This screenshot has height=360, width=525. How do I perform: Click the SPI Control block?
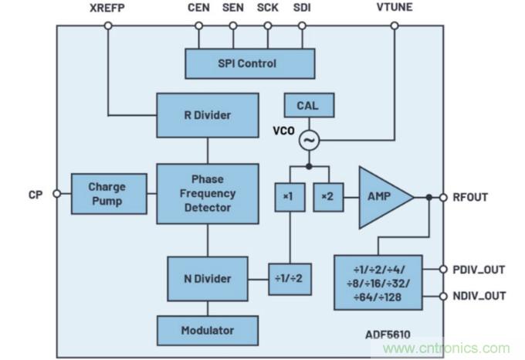249,63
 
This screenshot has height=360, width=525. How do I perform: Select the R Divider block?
207,115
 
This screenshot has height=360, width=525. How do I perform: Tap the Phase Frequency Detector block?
207,193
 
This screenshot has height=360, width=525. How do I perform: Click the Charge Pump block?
107,193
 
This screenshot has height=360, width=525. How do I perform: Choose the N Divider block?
207,279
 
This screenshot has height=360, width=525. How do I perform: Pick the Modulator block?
207,330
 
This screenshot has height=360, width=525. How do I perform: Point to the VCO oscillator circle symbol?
309,141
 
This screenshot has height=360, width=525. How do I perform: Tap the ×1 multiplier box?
288,196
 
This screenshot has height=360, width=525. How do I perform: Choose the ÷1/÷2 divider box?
288,278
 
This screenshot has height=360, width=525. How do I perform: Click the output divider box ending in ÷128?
378,282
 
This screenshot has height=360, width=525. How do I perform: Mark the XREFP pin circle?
108,25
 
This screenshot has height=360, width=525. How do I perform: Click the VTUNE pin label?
395,8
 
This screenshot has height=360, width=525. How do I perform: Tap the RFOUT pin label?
469,197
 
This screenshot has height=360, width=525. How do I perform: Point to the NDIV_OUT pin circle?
443,296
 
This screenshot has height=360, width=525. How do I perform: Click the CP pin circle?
56,194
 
